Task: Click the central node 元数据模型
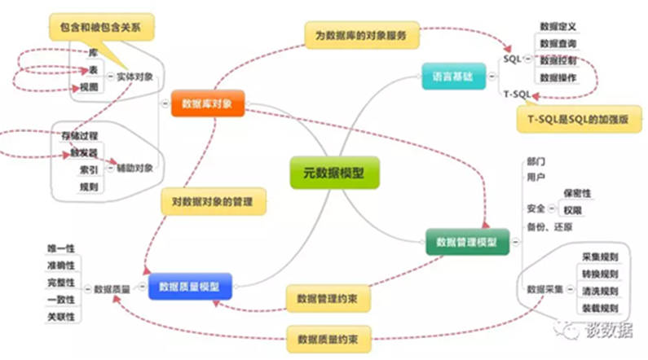[334, 172]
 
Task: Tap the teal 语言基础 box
[451, 77]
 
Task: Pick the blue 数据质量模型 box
[191, 286]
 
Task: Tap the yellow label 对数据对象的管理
[214, 201]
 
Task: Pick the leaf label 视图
[89, 86]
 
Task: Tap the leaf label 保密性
[578, 193]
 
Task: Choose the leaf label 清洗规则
[600, 291]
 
